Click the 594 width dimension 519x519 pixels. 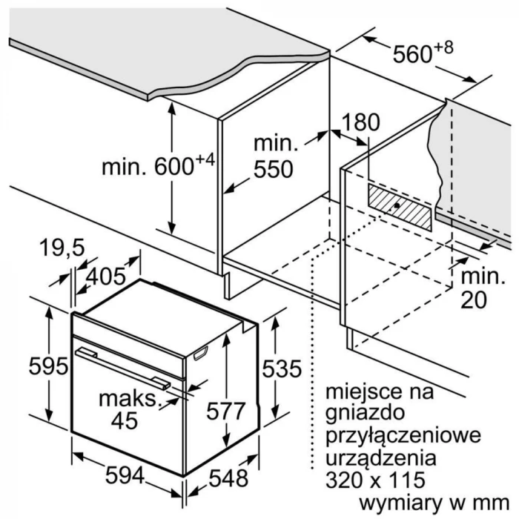pos(125,476)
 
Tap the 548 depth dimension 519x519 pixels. pos(228,478)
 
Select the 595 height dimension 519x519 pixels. pos(48,366)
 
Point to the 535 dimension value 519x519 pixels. pos(282,368)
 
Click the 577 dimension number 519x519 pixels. pos(225,411)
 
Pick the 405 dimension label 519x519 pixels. pos(106,276)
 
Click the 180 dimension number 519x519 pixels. pos(360,122)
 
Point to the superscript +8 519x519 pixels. pos(443,47)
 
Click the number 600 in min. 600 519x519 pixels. pos(174,166)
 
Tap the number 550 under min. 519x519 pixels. pos(274,169)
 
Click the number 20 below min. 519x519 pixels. pos(474,300)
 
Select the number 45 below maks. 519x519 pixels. pos(125,420)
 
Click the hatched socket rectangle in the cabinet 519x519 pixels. pos(400,207)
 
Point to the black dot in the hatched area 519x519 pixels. pos(397,205)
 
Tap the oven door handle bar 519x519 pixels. pos(123,368)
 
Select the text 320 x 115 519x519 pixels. pos(375,480)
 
